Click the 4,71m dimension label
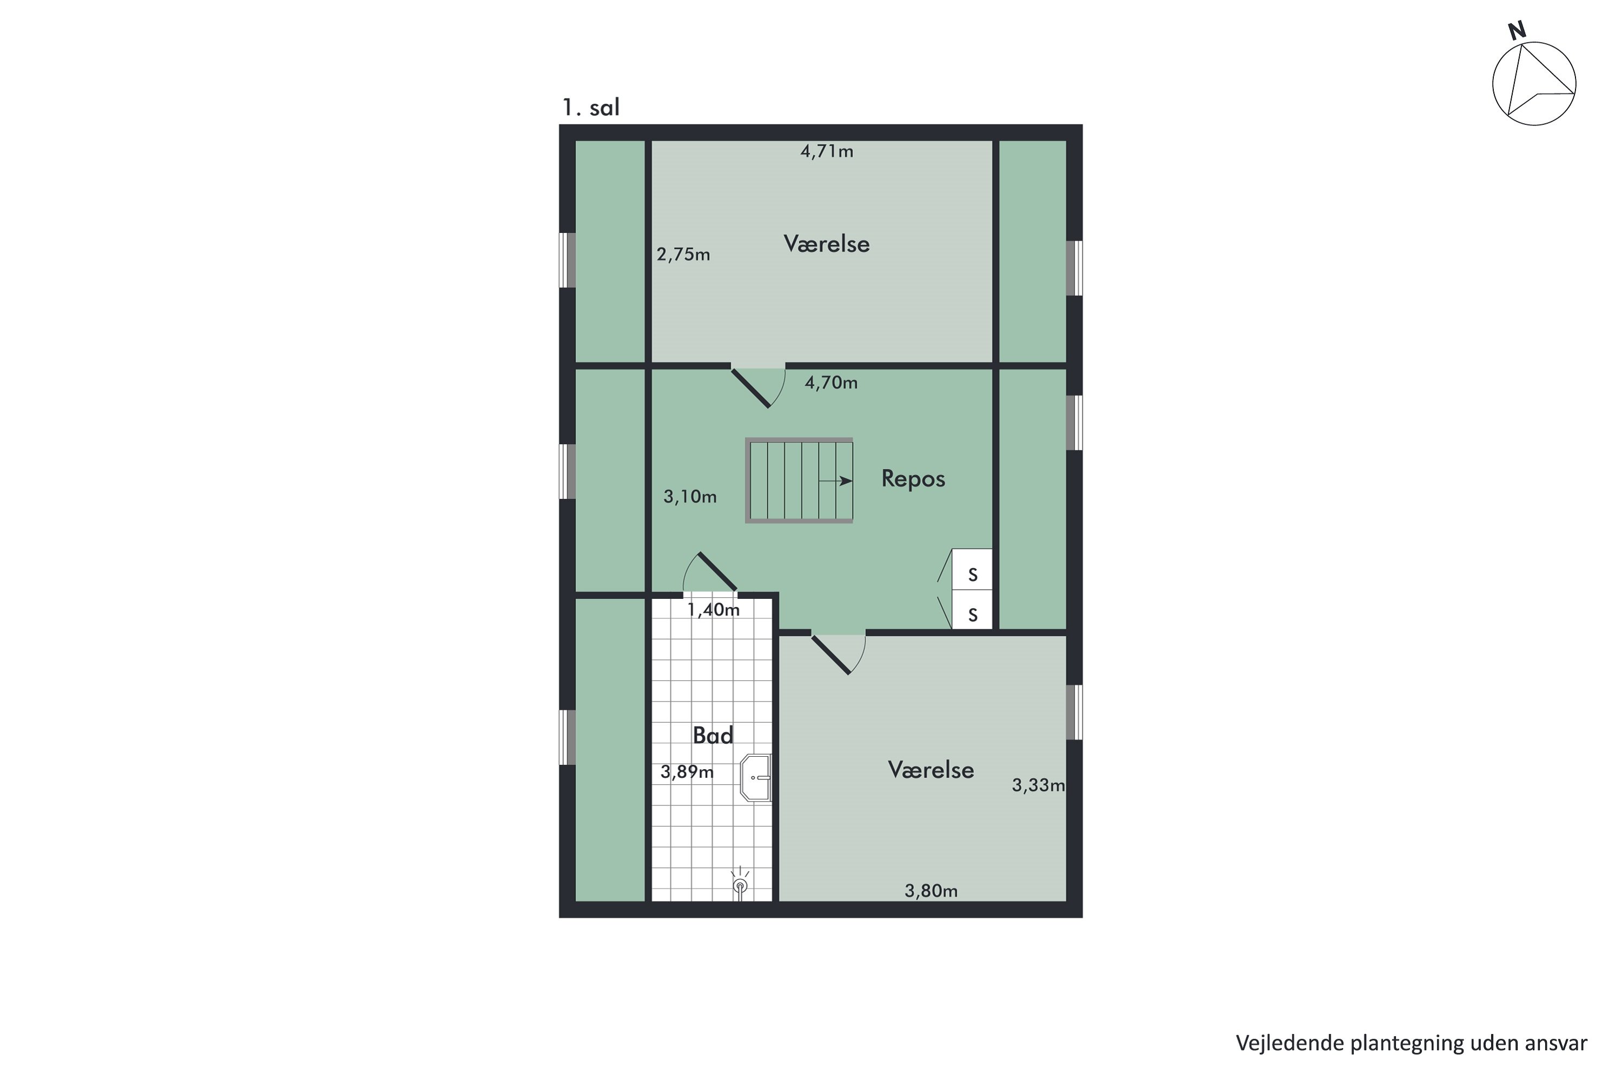pyautogui.click(x=826, y=151)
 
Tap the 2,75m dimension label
pyautogui.click(x=683, y=255)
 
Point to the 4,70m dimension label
pyautogui.click(x=831, y=382)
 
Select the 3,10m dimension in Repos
pyautogui.click(x=690, y=496)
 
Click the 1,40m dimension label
pyautogui.click(x=713, y=610)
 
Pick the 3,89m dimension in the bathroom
pyautogui.click(x=687, y=771)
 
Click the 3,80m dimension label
pyautogui.click(x=931, y=891)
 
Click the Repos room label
pyautogui.click(x=913, y=478)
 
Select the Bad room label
pyautogui.click(x=713, y=736)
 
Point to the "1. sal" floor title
pyautogui.click(x=591, y=108)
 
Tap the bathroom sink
pyautogui.click(x=756, y=778)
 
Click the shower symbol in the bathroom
pyautogui.click(x=740, y=884)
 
